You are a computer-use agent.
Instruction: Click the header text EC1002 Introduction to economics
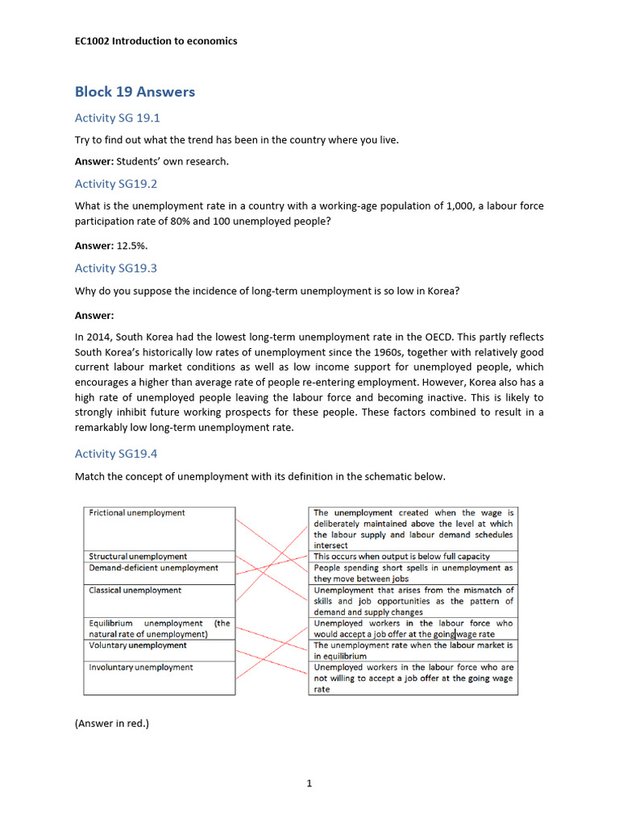click(x=156, y=41)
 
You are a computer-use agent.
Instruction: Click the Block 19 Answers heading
click(x=135, y=92)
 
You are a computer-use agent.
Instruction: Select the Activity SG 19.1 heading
click(x=118, y=118)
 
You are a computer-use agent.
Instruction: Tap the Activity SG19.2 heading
click(x=116, y=184)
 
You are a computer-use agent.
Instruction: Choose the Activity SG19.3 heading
click(x=116, y=267)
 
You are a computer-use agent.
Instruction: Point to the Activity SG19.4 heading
click(x=116, y=454)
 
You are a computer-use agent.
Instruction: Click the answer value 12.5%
click(x=132, y=245)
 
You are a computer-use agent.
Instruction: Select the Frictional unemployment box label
click(x=137, y=513)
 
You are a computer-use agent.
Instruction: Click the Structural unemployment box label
click(x=138, y=557)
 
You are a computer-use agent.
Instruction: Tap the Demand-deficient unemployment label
click(x=153, y=568)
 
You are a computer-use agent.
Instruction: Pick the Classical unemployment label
click(x=135, y=591)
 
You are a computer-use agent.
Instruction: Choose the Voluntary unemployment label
click(x=138, y=645)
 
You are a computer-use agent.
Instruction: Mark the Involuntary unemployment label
click(x=141, y=668)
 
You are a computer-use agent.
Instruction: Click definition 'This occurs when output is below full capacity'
click(x=401, y=557)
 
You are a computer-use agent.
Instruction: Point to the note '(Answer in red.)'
click(x=112, y=723)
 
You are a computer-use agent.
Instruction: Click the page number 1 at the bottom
click(x=309, y=783)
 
